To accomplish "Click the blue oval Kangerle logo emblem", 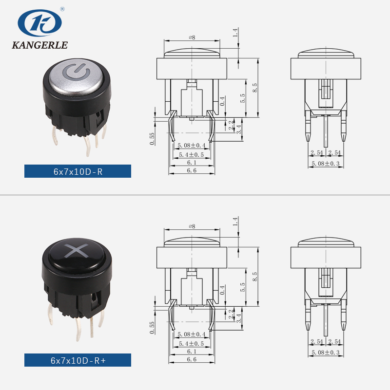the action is [x=39, y=23].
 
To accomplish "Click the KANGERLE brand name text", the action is [x=40, y=45].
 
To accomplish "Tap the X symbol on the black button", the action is [x=76, y=250].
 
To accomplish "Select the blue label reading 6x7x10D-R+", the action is [x=78, y=360].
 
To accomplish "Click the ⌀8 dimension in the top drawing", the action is [x=192, y=37].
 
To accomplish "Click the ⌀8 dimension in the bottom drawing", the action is [x=192, y=226].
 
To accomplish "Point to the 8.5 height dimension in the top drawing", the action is [x=255, y=88].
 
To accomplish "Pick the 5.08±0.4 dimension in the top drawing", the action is [x=192, y=145].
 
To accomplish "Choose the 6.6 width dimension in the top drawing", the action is [x=192, y=170].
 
